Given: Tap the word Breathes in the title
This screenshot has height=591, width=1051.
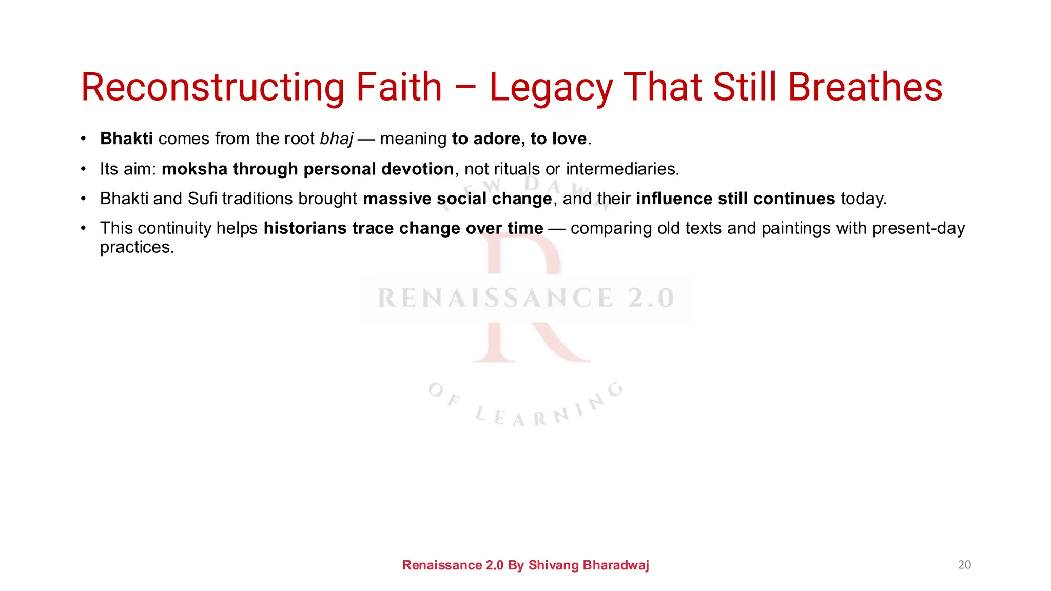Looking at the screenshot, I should (x=865, y=87).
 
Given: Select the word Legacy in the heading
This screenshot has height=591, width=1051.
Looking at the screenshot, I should (x=551, y=88).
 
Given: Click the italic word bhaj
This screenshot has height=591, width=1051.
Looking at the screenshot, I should (x=337, y=139).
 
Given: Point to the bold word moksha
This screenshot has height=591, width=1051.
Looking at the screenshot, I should (x=194, y=169).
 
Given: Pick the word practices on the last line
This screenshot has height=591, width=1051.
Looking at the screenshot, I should (x=137, y=247).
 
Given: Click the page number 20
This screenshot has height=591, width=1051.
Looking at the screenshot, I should (x=964, y=565).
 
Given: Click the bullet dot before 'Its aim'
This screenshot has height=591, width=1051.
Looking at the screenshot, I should (x=83, y=169).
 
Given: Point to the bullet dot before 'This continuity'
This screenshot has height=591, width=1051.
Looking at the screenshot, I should (x=83, y=228).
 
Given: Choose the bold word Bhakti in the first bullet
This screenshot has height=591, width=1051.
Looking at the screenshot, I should (x=126, y=139).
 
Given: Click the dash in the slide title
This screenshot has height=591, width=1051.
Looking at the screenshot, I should (x=465, y=88).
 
